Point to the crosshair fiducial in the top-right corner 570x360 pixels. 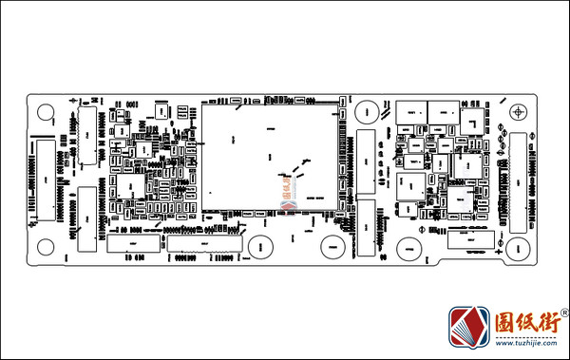click(518, 112)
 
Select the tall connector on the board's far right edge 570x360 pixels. click(520, 180)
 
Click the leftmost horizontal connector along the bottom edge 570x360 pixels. click(132, 243)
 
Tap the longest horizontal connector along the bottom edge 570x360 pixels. click(204, 243)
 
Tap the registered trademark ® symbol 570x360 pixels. click(564, 313)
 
